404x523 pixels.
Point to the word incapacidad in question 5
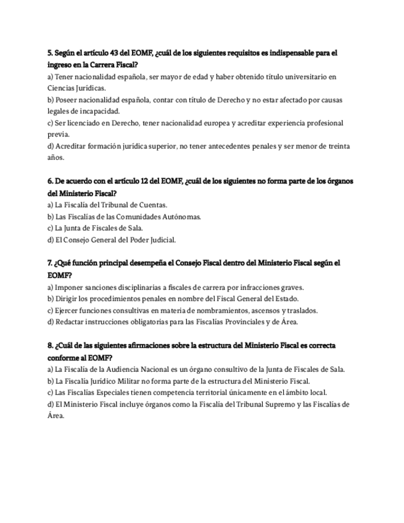coord(100,112)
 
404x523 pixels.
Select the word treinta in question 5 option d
coord(337,146)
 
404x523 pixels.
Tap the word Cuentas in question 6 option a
coord(151,205)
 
